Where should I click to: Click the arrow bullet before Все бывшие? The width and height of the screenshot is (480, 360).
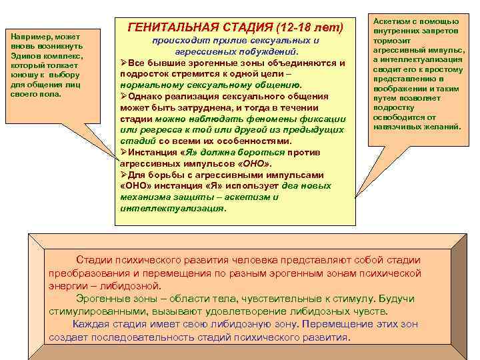[123, 63]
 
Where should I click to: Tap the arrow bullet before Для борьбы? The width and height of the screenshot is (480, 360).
[123, 174]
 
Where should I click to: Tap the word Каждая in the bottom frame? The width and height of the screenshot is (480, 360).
[91, 324]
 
